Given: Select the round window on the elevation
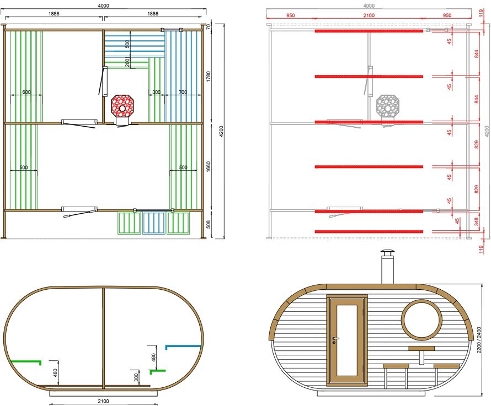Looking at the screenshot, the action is [422, 320].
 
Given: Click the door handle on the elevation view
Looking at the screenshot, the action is [335, 338].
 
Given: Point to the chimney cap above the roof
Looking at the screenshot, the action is [388, 253].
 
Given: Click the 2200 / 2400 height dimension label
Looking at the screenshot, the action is [479, 340].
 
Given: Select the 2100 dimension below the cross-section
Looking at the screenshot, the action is [103, 401].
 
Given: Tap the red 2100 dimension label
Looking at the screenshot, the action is [369, 15].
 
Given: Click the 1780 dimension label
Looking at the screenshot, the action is [209, 77].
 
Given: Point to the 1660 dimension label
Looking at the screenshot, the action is [209, 167].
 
